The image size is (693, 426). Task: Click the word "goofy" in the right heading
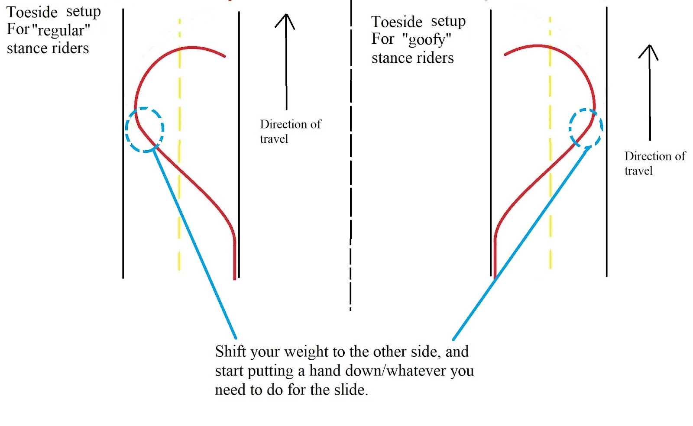pyautogui.click(x=427, y=40)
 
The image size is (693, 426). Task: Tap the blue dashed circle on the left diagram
pyautogui.click(x=145, y=129)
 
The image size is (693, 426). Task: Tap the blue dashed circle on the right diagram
pyautogui.click(x=586, y=128)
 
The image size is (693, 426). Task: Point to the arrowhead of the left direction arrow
pyautogui.click(x=285, y=20)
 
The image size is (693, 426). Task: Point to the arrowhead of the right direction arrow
pyautogui.click(x=648, y=51)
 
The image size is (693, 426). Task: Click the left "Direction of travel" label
pyautogui.click(x=290, y=131)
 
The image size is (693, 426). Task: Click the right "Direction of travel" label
pyautogui.click(x=654, y=163)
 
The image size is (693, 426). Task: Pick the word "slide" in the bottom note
pyautogui.click(x=350, y=390)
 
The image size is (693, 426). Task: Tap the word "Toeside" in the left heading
pyautogui.click(x=32, y=12)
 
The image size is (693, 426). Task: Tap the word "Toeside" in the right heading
pyautogui.click(x=397, y=22)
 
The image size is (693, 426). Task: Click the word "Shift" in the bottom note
pyautogui.click(x=231, y=352)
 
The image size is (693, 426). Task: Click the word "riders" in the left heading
pyautogui.click(x=71, y=48)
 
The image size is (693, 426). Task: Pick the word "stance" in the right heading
pyautogui.click(x=390, y=58)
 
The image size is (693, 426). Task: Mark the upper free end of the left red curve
pyautogui.click(x=224, y=56)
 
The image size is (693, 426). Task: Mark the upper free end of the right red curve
pyautogui.click(x=505, y=55)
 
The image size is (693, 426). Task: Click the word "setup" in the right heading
pyautogui.click(x=448, y=21)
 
